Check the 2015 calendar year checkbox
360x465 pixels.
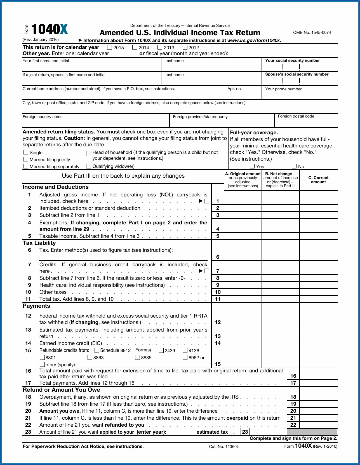[x=110, y=47]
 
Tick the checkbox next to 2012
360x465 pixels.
[x=185, y=47]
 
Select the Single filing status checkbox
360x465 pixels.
[x=26, y=152]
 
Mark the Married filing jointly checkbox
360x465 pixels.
[x=26, y=159]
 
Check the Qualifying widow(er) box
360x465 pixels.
[x=89, y=166]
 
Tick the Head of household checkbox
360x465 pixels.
[x=89, y=153]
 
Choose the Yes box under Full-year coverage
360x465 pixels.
[x=252, y=166]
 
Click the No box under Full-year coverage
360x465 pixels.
[x=294, y=166]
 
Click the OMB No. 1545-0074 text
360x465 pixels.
[x=312, y=32]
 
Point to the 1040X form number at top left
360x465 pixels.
[x=50, y=29]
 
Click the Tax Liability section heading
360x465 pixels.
[x=39, y=243]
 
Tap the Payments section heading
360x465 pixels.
[x=36, y=306]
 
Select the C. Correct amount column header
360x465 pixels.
[x=318, y=180]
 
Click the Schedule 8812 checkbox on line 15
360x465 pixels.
[x=97, y=350]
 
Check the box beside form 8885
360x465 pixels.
[x=138, y=357]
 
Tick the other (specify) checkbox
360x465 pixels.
[x=43, y=364]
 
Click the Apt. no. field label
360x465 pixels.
[x=235, y=89]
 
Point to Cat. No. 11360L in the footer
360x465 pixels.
[x=224, y=447]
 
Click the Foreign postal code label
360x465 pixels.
[x=296, y=116]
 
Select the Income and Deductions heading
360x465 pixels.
[x=56, y=187]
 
